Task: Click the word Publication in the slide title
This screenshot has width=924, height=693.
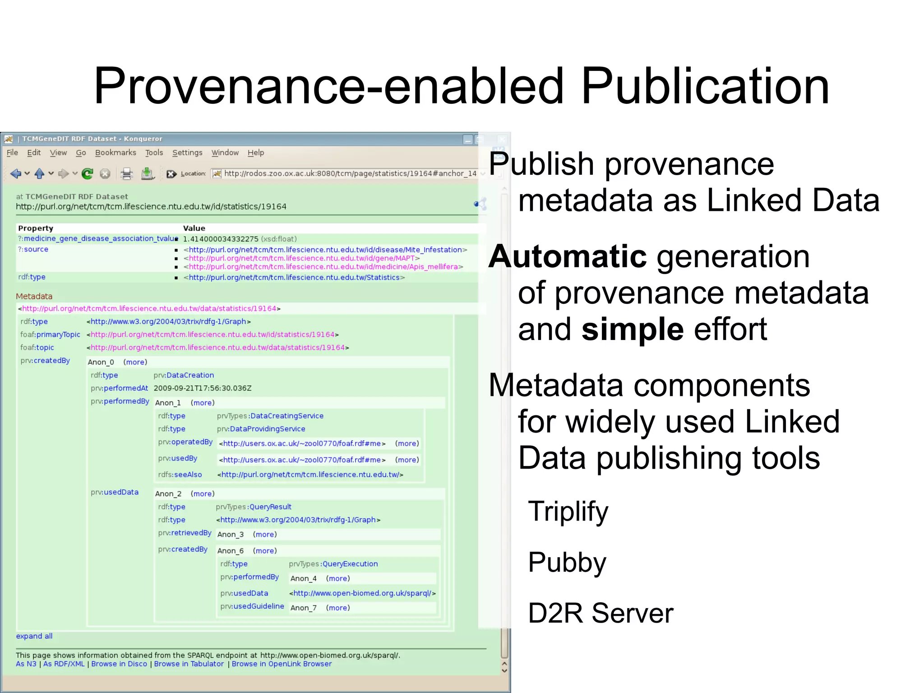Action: pos(705,86)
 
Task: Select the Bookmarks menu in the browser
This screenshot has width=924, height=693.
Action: pos(115,153)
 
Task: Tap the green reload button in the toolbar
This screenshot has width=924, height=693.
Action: pos(88,174)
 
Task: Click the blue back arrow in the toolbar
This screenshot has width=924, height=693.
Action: pos(16,174)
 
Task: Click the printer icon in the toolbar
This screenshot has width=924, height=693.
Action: pos(127,174)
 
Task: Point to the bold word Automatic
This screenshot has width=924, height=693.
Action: pos(568,256)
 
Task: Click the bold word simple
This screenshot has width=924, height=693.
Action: pos(632,329)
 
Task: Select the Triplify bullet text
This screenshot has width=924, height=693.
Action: pos(568,512)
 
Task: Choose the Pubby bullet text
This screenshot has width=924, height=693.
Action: pos(567,563)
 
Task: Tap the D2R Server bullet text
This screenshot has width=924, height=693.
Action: pos(600,613)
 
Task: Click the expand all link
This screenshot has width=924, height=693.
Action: pos(34,636)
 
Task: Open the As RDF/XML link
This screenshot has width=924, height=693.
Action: pos(64,664)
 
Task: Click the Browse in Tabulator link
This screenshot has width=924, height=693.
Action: pos(189,664)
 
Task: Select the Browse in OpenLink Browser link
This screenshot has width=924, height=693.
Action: pos(282,664)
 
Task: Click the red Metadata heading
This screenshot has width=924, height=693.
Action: pos(34,296)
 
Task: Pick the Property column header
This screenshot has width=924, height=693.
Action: pos(36,228)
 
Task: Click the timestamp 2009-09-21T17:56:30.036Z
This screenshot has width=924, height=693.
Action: pos(203,388)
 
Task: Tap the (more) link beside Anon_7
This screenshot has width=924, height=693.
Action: pos(338,608)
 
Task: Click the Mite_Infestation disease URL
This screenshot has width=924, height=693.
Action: pos(325,250)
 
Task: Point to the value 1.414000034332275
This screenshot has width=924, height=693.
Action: pos(221,239)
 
